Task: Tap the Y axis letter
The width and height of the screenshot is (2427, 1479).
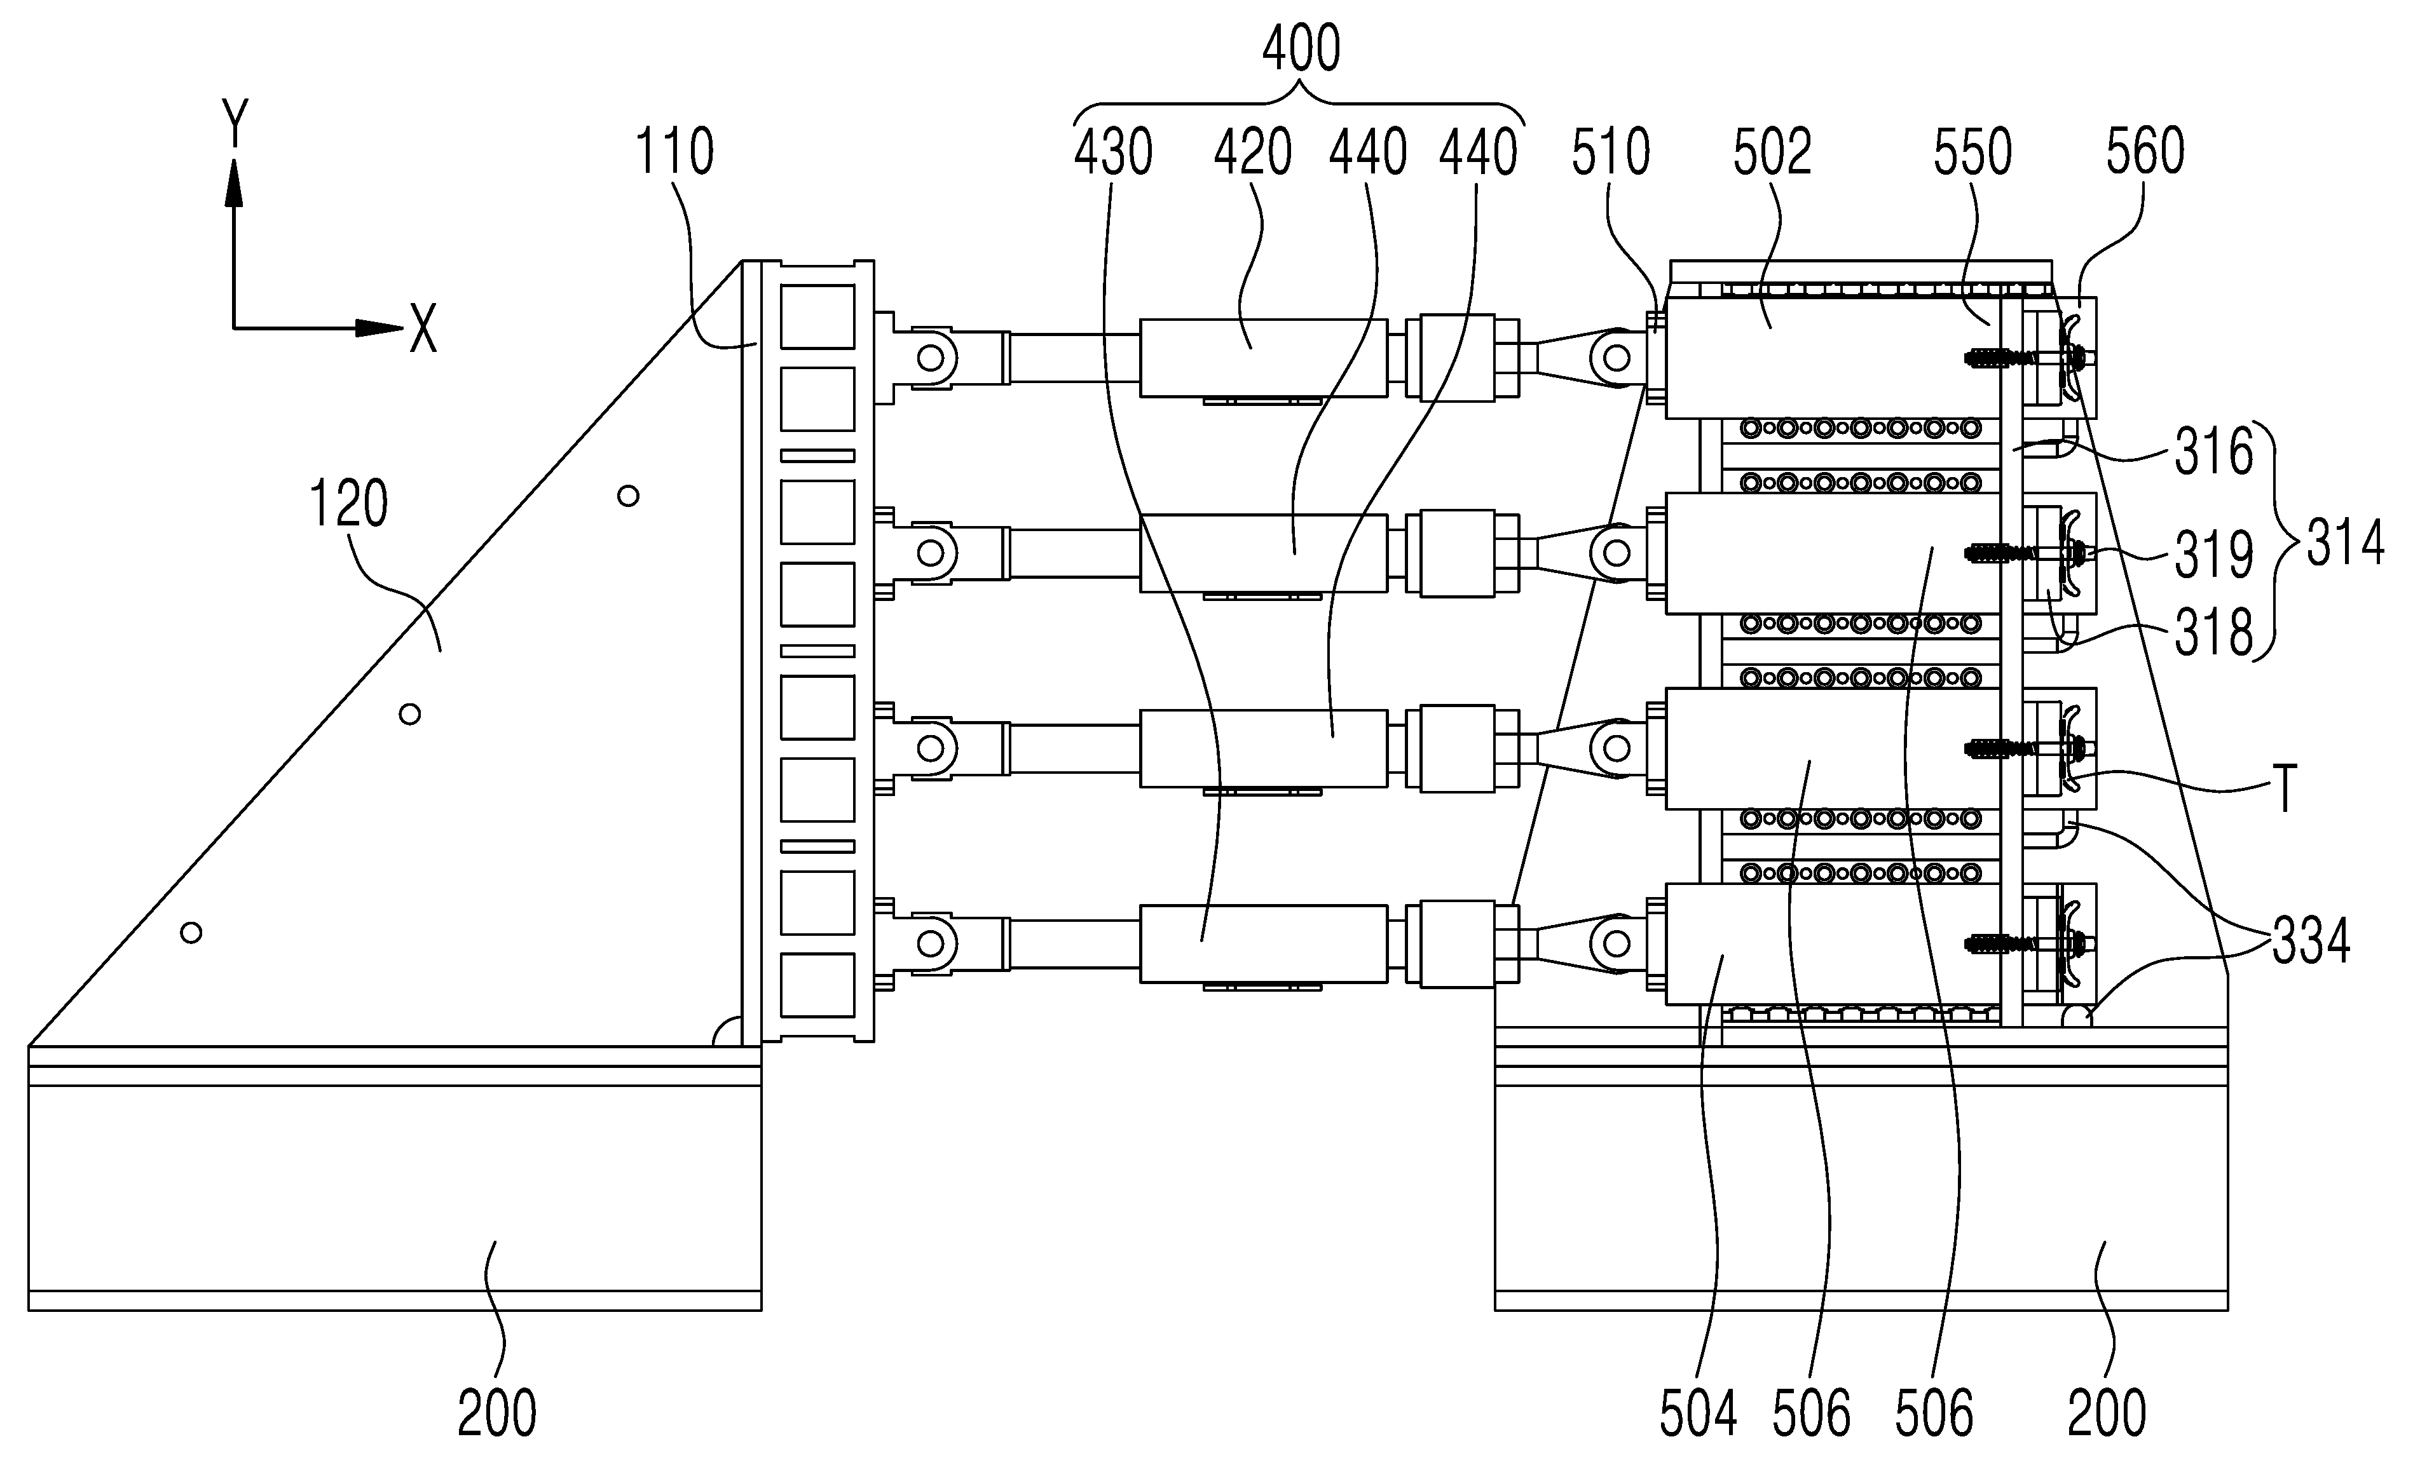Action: click(x=235, y=123)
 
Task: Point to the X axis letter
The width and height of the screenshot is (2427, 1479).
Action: click(x=423, y=328)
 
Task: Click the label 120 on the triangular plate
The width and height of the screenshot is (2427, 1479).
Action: click(x=349, y=504)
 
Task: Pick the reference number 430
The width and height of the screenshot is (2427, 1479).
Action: click(x=1113, y=154)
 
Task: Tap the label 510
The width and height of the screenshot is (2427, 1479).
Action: click(x=1611, y=154)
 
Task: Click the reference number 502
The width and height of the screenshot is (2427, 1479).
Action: click(x=1773, y=154)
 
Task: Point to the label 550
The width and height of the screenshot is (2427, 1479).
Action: click(x=1973, y=154)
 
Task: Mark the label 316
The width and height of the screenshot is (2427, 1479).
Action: click(x=2214, y=454)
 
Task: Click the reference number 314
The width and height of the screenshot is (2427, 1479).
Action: click(x=2345, y=544)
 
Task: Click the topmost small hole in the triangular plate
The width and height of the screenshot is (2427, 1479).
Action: click(x=627, y=496)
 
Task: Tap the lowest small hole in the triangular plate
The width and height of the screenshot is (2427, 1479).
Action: click(x=191, y=933)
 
